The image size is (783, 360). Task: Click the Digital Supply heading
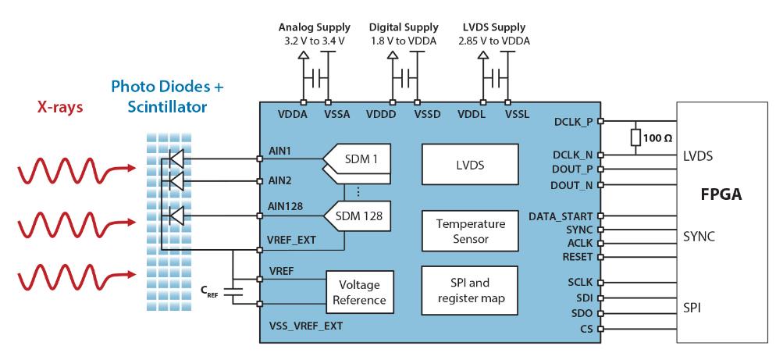tap(404, 28)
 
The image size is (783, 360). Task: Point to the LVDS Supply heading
tap(493, 28)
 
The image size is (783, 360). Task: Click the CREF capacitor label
tap(211, 292)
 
